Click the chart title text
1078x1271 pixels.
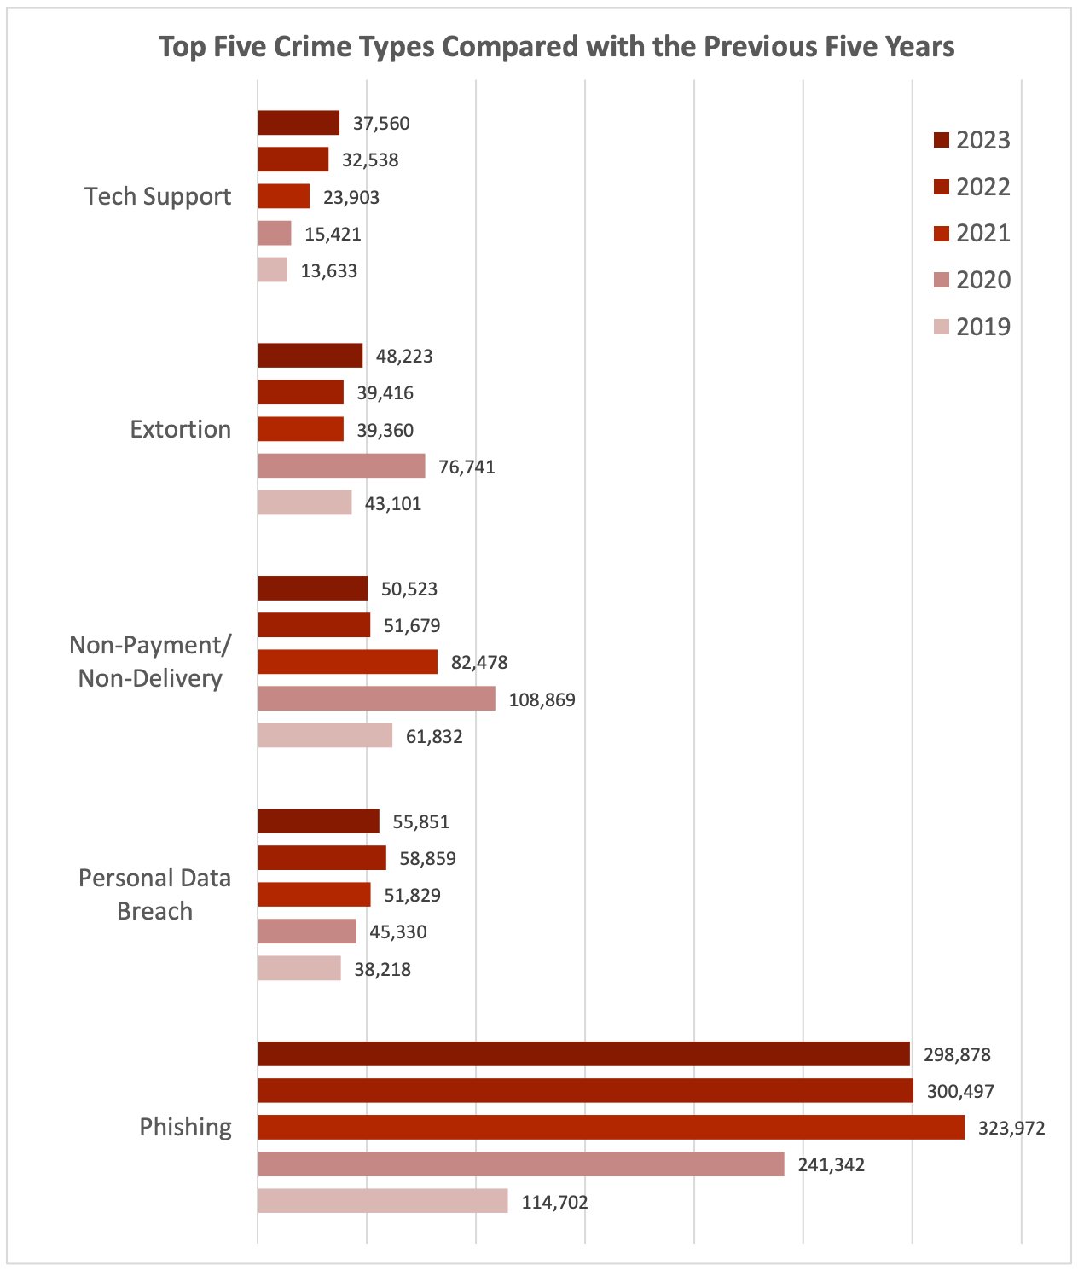[x=556, y=46]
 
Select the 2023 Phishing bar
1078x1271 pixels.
[x=583, y=1054]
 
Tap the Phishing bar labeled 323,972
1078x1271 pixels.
[x=611, y=1128]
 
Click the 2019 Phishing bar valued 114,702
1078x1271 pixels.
[x=382, y=1201]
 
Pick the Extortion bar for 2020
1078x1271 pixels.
[x=341, y=466]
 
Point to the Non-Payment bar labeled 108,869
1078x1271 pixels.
[x=376, y=699]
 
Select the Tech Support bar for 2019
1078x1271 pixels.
[x=273, y=270]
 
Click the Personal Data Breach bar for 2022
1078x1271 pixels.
[x=322, y=858]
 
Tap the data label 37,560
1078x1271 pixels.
[x=381, y=124]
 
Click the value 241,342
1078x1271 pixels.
[x=831, y=1165]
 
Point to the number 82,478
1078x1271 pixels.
[x=478, y=663]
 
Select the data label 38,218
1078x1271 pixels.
[x=382, y=970]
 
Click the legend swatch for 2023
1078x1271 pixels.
[x=942, y=140]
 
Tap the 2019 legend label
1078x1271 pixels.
[x=982, y=327]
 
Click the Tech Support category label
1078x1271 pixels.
[x=158, y=196]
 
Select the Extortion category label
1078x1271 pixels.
[x=180, y=429]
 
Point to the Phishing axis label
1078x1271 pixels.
[x=185, y=1127]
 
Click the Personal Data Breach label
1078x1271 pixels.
[x=154, y=894]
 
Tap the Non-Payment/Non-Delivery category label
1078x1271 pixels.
[x=150, y=661]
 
